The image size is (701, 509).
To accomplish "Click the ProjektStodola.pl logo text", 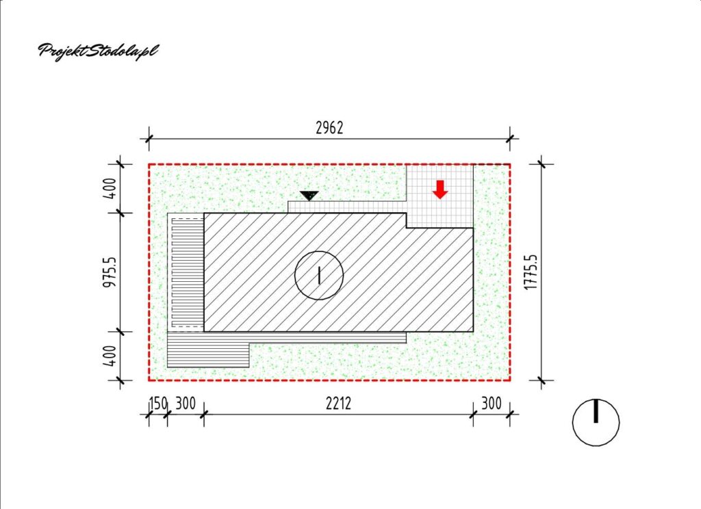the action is coord(98,51).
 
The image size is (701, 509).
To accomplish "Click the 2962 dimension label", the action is coord(329,128).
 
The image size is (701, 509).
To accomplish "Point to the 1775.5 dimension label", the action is coord(531,272).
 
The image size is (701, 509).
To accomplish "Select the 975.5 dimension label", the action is coord(110,272).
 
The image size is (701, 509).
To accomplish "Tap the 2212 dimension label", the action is coord(338,404).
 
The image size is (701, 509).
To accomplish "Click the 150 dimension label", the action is coord(158,404).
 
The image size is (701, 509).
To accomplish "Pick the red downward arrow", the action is coord(440,190).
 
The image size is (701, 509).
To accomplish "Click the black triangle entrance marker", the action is coord(309,196).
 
